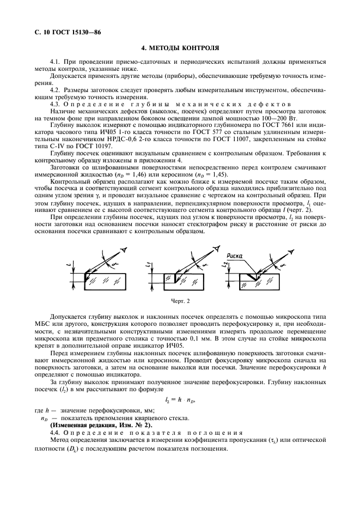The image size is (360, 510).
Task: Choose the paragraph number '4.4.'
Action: [x=57, y=432]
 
